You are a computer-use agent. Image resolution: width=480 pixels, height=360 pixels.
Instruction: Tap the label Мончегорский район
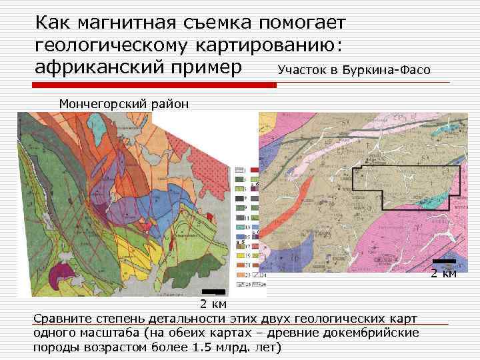[124, 103]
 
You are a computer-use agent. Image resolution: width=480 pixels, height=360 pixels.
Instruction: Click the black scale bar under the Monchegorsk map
[213, 292]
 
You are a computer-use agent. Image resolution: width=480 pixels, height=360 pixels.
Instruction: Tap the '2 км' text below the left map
[213, 304]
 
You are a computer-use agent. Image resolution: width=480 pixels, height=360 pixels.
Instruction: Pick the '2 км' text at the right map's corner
[443, 273]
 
